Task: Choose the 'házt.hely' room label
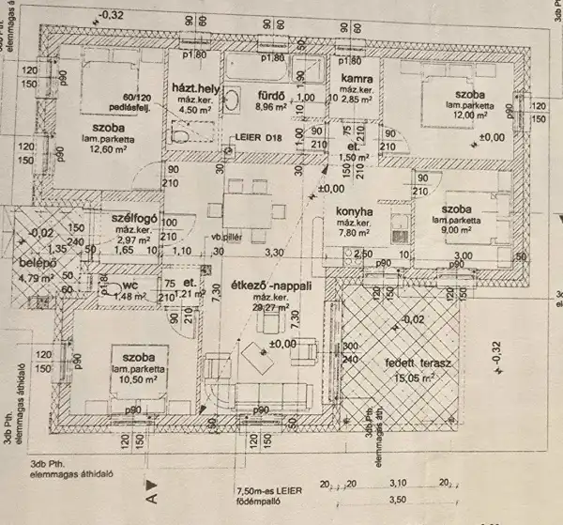point(194,86)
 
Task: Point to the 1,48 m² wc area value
point(123,298)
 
